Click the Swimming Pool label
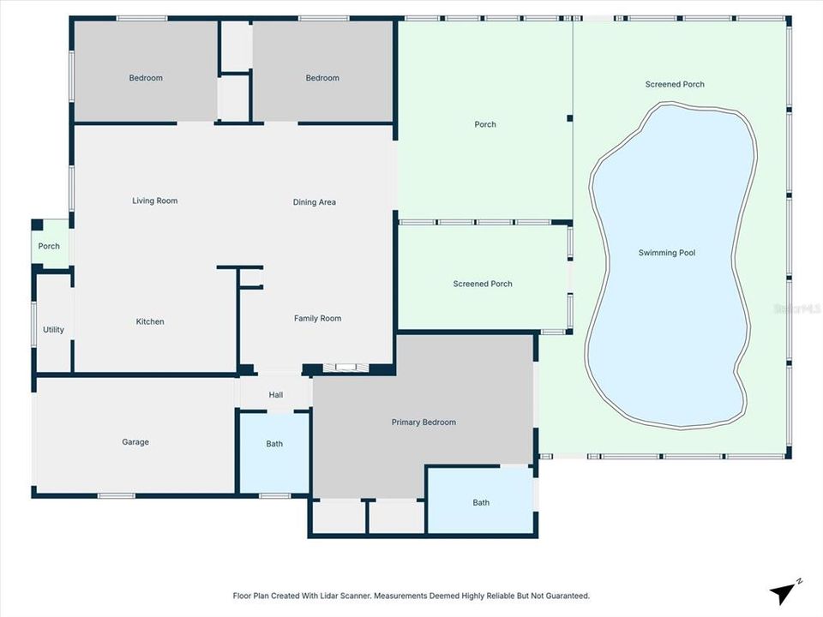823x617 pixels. tap(667, 253)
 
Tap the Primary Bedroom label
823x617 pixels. tap(424, 422)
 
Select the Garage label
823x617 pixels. tap(135, 442)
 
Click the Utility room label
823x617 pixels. tap(53, 330)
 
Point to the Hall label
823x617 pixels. tap(275, 395)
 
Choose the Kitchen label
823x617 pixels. tap(150, 322)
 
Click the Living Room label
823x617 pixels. tap(155, 201)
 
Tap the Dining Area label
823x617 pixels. tap(315, 203)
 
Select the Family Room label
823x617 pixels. tap(317, 319)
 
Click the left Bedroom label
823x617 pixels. tap(146, 78)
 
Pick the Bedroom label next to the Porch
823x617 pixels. tap(322, 78)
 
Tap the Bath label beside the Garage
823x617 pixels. tap(274, 444)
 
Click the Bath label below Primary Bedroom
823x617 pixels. tap(481, 503)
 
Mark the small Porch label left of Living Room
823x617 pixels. tap(49, 247)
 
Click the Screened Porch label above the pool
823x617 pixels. tap(675, 85)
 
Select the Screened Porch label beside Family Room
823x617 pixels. tap(483, 284)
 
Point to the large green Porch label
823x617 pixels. tap(485, 125)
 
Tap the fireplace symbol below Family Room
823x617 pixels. tap(346, 368)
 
